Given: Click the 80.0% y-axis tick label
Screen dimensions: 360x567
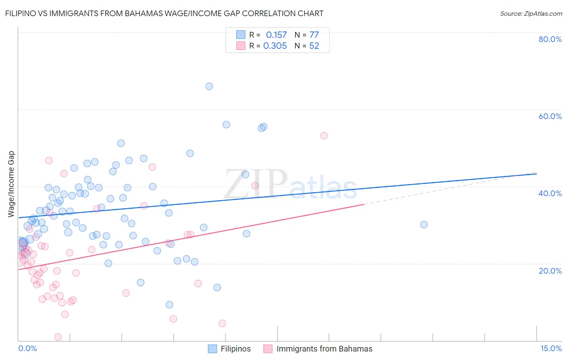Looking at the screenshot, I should point(550,39).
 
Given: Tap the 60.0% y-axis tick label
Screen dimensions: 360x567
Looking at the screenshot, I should point(550,116).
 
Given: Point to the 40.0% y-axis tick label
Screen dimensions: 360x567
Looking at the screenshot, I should point(550,193).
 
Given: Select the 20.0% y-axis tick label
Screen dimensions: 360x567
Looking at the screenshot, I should point(550,270).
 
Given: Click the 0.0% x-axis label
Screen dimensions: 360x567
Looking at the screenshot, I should point(27,348).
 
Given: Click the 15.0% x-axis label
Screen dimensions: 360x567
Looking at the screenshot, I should point(551,348).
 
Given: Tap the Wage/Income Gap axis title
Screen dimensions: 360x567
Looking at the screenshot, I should point(11,184).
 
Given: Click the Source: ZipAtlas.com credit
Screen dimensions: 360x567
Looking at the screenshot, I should point(531,13).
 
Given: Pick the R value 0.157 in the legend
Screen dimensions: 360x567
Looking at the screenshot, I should point(276,35).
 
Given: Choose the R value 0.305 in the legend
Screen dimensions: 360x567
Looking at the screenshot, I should point(275,46).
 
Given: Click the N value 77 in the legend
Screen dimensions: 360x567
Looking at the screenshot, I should point(314,35).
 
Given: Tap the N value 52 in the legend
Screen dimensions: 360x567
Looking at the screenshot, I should point(314,46).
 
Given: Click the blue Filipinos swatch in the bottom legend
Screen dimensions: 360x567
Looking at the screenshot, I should point(213,349).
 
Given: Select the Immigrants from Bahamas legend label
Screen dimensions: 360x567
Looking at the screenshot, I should point(324,349).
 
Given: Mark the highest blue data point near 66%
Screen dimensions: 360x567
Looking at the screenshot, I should point(209,86).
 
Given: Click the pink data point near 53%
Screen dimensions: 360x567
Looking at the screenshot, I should point(324,136).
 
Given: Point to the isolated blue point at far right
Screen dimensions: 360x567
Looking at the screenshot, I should point(424,224).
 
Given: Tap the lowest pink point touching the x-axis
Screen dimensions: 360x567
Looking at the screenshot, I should point(58,337).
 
